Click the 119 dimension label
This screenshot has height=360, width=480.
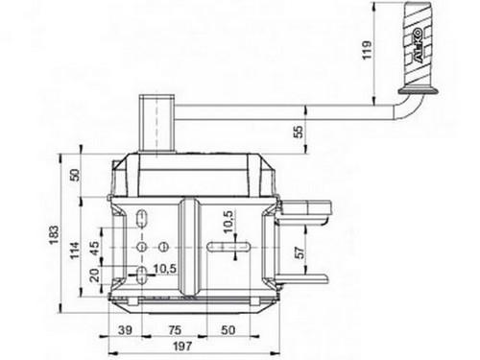[x=367, y=50]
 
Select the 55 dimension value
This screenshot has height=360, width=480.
[x=298, y=132]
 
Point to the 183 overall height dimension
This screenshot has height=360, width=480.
[x=55, y=235]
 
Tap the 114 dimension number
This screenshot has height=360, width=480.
[x=75, y=251]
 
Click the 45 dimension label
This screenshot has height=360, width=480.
[x=94, y=248]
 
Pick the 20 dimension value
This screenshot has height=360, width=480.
[x=94, y=276]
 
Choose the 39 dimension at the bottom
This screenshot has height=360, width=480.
[x=125, y=330]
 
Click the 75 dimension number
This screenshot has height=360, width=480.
[x=175, y=330]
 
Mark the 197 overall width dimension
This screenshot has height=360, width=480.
[x=182, y=346]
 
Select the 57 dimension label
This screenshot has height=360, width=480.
[x=300, y=252]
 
